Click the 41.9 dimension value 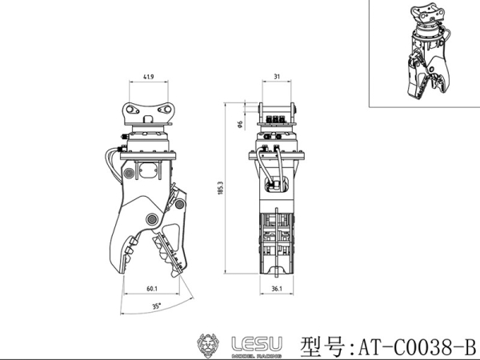pyautogui.click(x=148, y=77)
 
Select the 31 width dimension pyautogui.click(x=276, y=77)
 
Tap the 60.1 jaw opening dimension pyautogui.click(x=151, y=290)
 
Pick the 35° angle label pyautogui.click(x=157, y=305)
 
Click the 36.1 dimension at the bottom pyautogui.click(x=276, y=290)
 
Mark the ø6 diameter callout pyautogui.click(x=240, y=124)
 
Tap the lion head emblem pyautogui.click(x=210, y=345)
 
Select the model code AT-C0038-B pyautogui.click(x=414, y=347)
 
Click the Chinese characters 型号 pyautogui.click(x=322, y=347)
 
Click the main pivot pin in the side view pyautogui.click(x=150, y=220)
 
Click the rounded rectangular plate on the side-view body pyautogui.click(x=148, y=170)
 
